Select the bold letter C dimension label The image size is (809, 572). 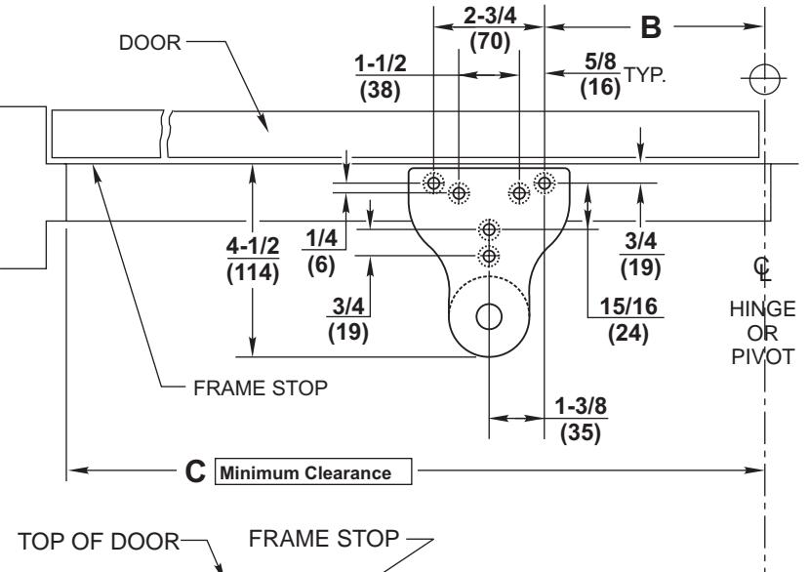point(195,472)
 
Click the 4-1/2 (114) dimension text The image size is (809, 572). point(251,260)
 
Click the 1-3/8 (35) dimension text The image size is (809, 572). point(575,418)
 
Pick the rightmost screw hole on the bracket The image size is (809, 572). point(545,182)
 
